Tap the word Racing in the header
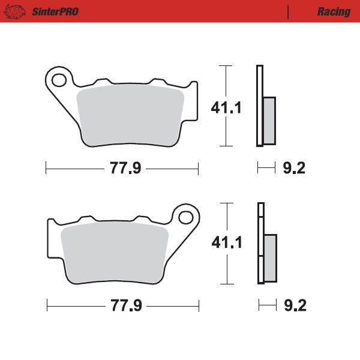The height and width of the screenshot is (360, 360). tap(334, 11)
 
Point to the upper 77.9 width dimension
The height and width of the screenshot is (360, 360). tap(125, 169)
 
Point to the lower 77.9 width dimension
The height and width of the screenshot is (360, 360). tap(125, 306)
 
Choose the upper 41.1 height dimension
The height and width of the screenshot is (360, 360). tap(226, 109)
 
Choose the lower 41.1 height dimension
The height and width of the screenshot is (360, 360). tap(226, 243)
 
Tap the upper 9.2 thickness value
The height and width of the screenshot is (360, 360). tap(293, 169)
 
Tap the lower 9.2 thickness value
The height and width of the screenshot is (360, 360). tap(295, 306)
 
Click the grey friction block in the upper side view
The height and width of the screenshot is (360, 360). tap(269, 120)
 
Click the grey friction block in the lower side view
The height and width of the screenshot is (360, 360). tap(271, 258)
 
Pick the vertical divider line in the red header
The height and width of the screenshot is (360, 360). tap(289, 11)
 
